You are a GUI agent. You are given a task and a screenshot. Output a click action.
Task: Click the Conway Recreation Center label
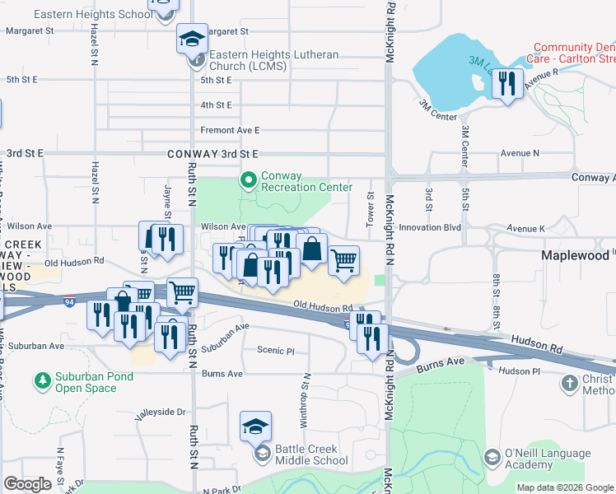point(306,181)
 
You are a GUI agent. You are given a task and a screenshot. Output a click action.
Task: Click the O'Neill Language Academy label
point(548,459)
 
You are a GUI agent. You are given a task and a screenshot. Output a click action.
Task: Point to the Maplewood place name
point(575,256)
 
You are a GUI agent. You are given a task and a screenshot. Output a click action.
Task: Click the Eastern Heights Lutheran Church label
point(273,60)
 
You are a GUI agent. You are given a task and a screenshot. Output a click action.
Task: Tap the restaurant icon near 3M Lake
point(507,84)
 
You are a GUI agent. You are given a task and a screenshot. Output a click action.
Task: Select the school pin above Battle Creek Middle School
point(255,427)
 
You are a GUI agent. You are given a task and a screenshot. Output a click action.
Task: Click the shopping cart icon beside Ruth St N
point(182,291)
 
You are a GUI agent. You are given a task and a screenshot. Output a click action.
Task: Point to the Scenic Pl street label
point(275,350)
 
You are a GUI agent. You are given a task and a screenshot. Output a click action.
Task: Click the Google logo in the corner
point(27,484)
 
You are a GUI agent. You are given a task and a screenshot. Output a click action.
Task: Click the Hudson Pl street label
point(519,371)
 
